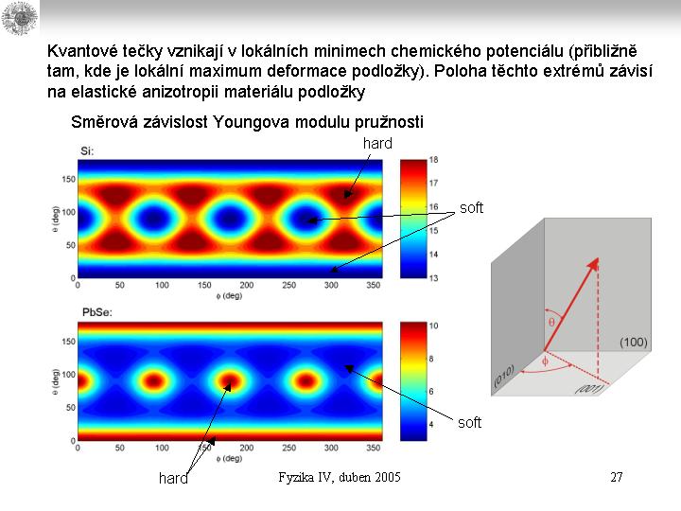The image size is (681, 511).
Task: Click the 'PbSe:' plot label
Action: tap(95, 312)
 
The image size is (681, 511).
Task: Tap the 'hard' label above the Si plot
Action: tap(377, 143)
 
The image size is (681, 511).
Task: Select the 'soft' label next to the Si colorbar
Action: tap(471, 208)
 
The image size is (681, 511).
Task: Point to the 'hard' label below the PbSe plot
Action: tap(173, 479)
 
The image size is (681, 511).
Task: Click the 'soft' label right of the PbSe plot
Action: tap(469, 422)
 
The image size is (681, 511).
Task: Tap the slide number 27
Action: tap(616, 477)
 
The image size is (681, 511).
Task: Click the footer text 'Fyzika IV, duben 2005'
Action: tap(340, 477)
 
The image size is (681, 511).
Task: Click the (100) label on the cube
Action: tap(633, 341)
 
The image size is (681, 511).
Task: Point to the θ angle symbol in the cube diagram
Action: tap(552, 323)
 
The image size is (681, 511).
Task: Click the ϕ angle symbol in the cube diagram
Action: tap(544, 361)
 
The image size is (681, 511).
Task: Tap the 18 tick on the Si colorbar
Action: tap(433, 161)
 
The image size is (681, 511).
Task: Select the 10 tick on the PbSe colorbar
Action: tap(433, 326)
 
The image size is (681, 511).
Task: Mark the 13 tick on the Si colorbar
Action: tap(433, 277)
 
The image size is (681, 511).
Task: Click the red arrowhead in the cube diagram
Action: tap(596, 266)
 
